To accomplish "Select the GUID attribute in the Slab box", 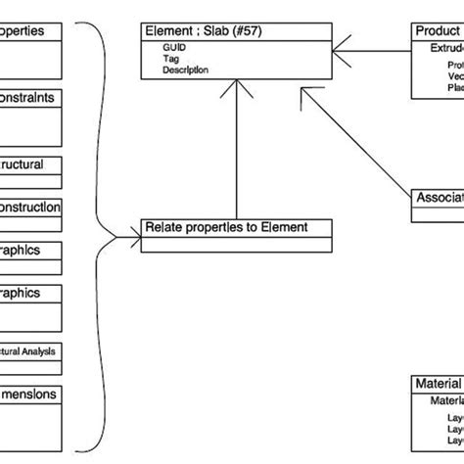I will point(172,47).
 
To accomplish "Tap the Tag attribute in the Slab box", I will point(170,59).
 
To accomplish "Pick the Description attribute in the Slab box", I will point(185,70).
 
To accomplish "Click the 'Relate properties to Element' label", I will point(226,227).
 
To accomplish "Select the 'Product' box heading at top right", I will point(437,32).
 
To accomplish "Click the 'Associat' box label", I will point(438,198).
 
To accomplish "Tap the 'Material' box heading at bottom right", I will point(437,385).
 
